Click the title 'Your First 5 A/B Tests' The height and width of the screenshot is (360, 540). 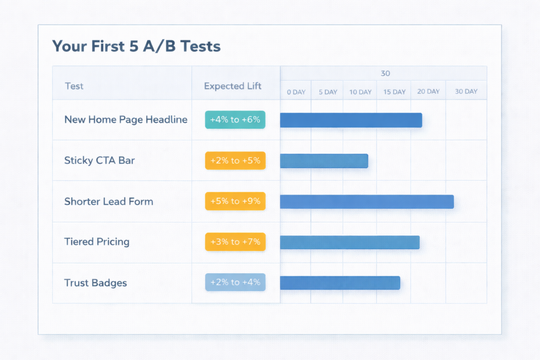pos(136,46)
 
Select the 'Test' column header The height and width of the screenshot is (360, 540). pos(74,86)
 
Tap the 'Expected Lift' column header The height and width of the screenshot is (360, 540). pos(233,86)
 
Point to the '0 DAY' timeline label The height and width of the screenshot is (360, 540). pos(296,92)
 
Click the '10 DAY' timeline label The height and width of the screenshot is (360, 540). pos(360,92)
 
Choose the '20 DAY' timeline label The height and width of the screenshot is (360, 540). pos(428,91)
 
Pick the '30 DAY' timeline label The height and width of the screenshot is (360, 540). pos(466,91)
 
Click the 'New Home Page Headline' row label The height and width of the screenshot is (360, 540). pos(126,120)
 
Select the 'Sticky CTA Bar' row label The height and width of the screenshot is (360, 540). pos(99,160)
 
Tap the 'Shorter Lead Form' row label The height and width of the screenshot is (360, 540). pos(109,201)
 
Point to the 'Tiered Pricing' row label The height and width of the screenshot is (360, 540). pos(97,242)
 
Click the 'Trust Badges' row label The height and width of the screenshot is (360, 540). pos(95,283)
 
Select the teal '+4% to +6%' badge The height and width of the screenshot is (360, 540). pos(235,120)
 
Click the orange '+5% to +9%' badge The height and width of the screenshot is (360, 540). pos(235,201)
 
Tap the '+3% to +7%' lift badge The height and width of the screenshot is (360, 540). pos(235,242)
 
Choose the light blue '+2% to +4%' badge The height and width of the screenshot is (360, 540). pos(235,283)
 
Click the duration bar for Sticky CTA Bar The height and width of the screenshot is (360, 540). pos(324,161)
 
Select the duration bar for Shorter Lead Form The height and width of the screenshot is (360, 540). pos(367,201)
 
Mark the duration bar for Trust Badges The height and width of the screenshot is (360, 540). pos(340,283)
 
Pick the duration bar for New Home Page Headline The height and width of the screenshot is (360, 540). pos(351,120)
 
